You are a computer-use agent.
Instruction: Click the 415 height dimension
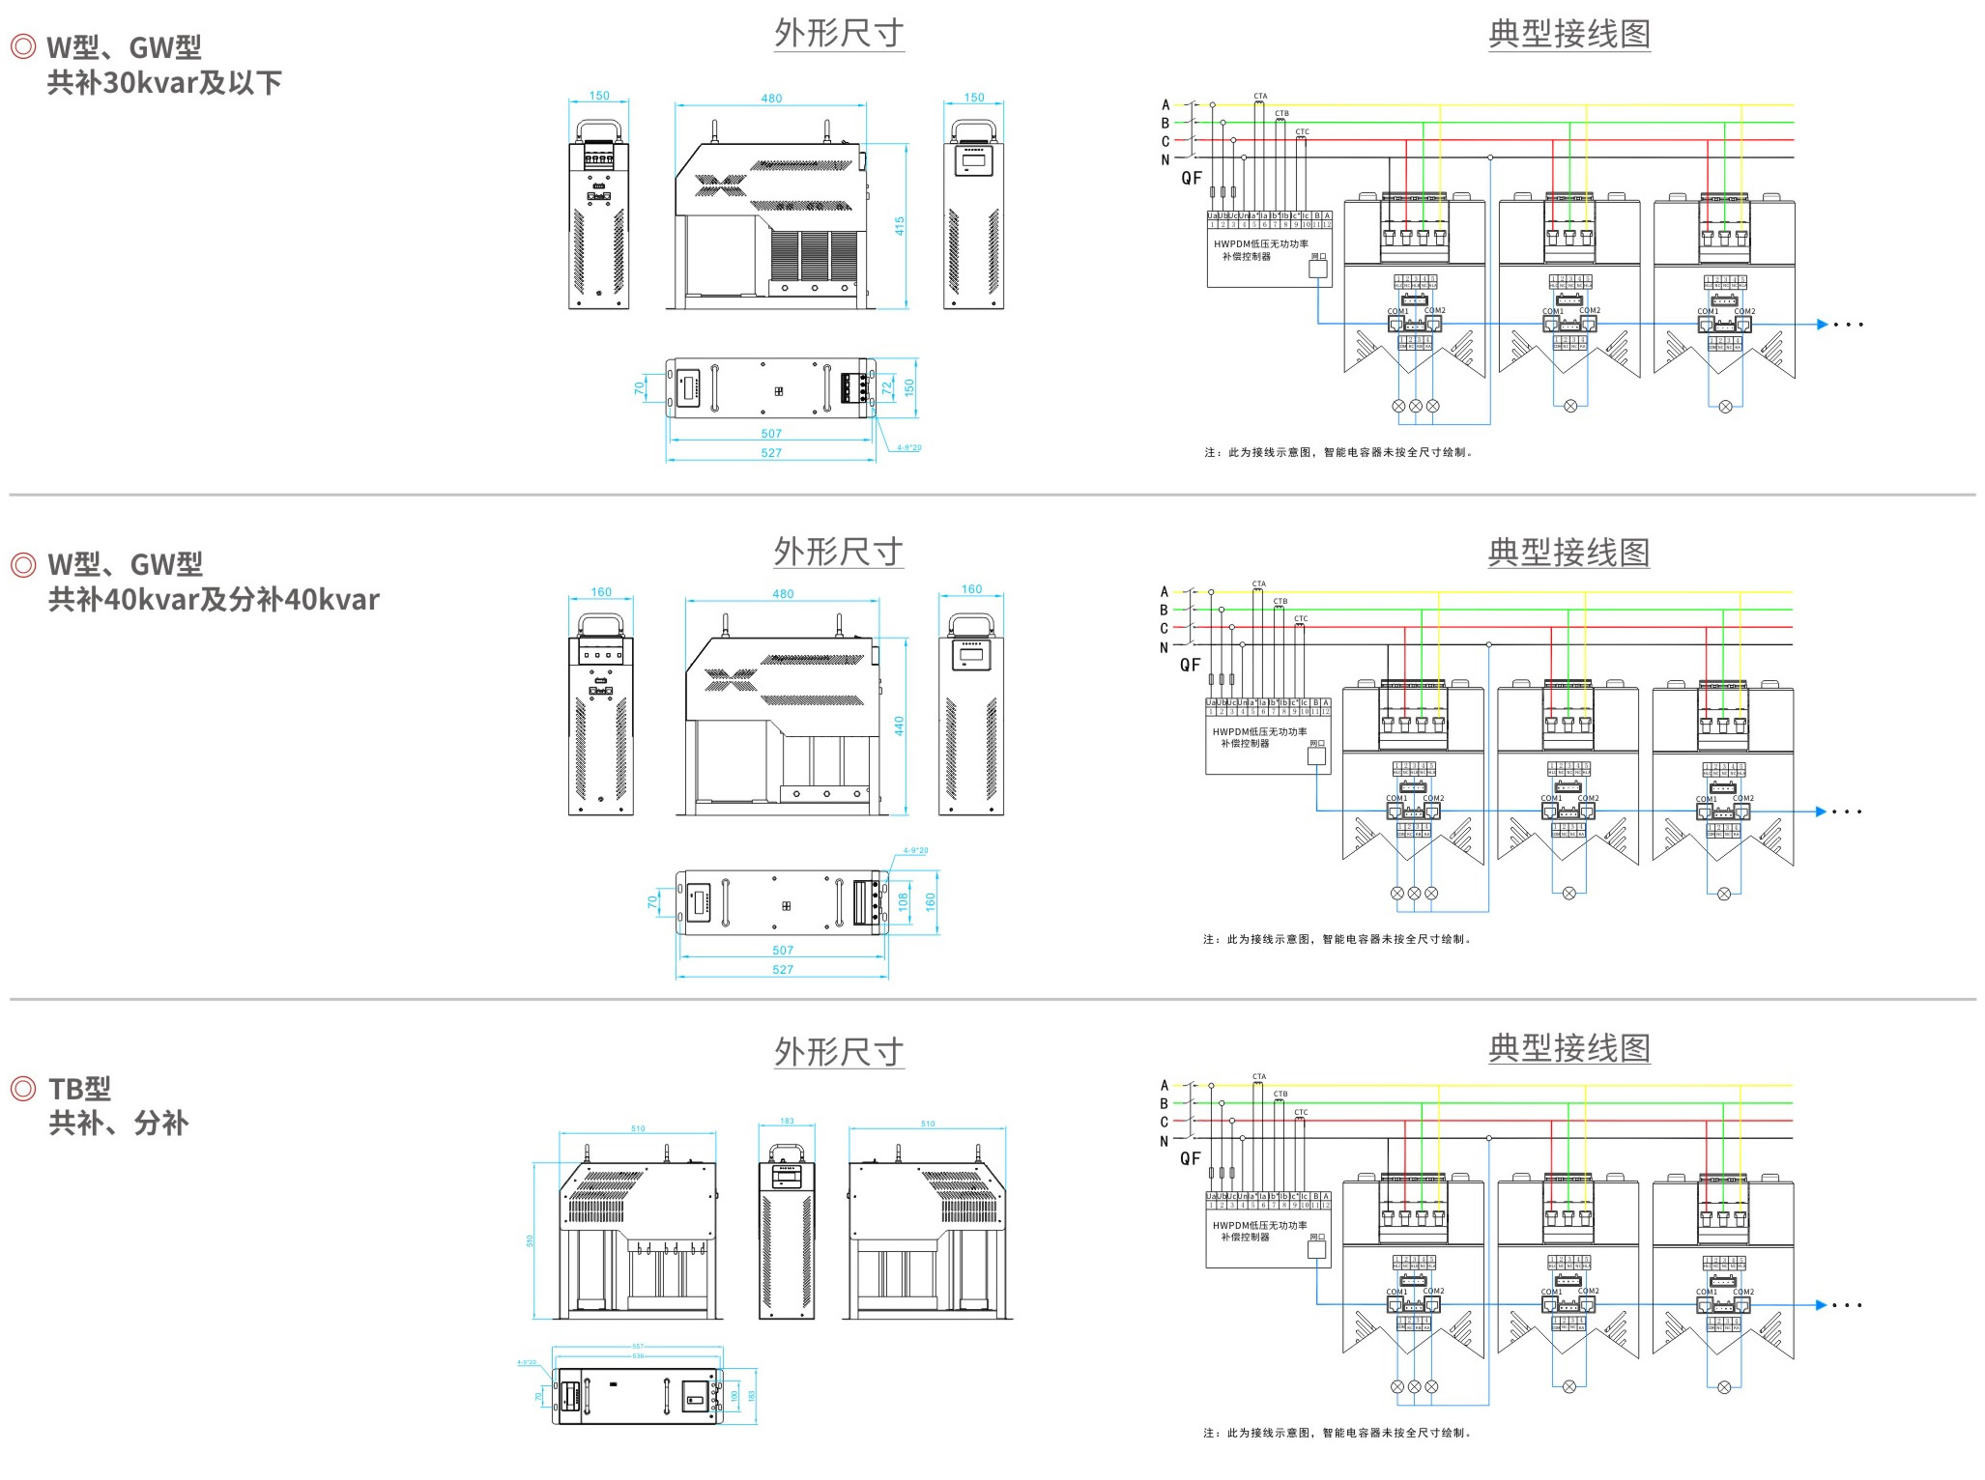(899, 226)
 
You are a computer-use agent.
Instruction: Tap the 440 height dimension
(899, 726)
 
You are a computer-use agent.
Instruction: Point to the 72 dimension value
(887, 388)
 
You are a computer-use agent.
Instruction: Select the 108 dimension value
(904, 901)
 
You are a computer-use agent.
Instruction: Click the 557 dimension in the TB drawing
(638, 1346)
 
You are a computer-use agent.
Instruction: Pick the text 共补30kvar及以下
(164, 83)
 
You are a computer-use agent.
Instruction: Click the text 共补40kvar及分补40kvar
(214, 600)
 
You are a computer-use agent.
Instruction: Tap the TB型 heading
(80, 1089)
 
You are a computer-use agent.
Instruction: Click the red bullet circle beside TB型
(22, 1089)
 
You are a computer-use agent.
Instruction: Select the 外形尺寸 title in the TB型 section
(839, 1051)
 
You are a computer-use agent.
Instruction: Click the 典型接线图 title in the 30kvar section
(1568, 34)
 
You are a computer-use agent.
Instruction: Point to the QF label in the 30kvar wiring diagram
(1192, 178)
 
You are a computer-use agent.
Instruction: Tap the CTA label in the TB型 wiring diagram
(1259, 1076)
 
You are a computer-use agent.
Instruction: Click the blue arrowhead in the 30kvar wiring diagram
(1822, 325)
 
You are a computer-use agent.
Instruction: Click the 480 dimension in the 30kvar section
(771, 99)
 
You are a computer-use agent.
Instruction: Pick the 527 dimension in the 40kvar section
(783, 969)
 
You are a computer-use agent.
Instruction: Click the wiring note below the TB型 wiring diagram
(1338, 1433)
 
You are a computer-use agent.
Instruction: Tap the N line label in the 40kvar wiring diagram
(1165, 647)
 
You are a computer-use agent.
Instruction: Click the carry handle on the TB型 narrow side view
(787, 1152)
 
